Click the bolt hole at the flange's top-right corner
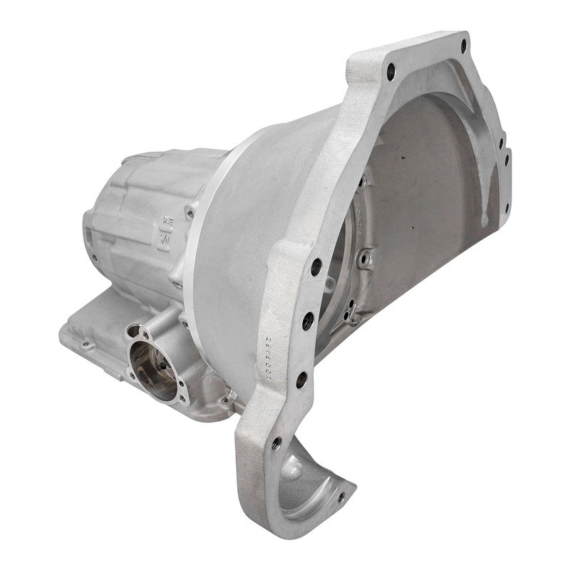tap(464, 46)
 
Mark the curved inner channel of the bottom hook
tap(313, 492)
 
